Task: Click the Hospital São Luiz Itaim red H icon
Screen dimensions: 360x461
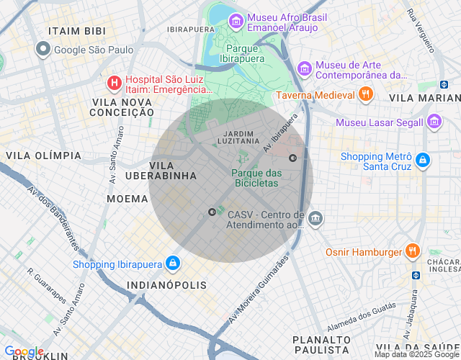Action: click(x=114, y=84)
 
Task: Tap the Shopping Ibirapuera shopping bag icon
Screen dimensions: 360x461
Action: click(x=172, y=264)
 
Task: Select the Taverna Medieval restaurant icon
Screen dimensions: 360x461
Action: click(x=366, y=94)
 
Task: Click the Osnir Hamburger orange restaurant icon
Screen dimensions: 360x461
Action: click(x=412, y=251)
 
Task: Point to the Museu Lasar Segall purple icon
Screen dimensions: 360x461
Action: click(x=434, y=122)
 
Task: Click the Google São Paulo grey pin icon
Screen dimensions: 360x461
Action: click(x=43, y=49)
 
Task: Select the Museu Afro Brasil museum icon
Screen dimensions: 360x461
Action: click(x=236, y=22)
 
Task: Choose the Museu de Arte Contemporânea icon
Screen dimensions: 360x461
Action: click(x=305, y=68)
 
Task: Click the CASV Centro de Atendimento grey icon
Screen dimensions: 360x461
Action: click(x=315, y=218)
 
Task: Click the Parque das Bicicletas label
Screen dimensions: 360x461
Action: click(x=256, y=178)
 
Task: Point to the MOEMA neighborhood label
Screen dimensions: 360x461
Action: click(x=127, y=198)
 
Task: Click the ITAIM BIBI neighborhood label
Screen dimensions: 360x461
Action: click(x=76, y=31)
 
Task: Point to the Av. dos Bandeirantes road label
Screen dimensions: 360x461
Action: click(x=52, y=217)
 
